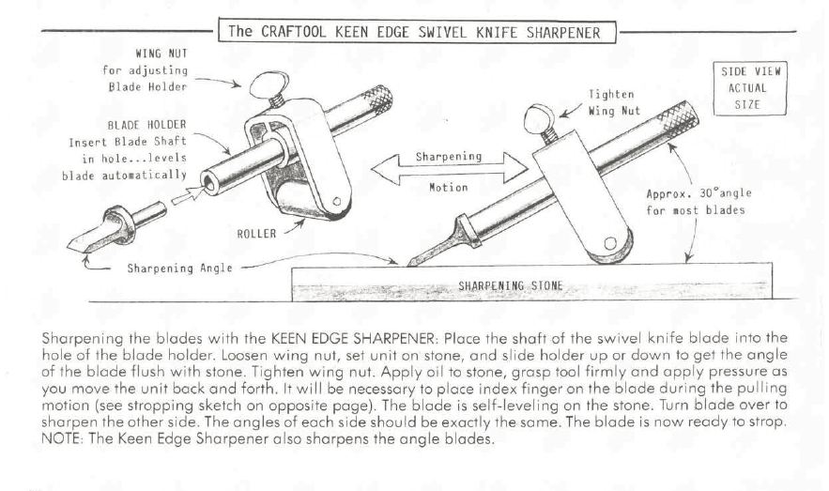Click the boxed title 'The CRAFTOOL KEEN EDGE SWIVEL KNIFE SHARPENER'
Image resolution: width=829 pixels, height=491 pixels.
click(417, 32)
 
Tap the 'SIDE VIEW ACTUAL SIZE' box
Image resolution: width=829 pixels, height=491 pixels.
click(750, 88)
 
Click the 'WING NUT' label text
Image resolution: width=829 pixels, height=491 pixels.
click(161, 54)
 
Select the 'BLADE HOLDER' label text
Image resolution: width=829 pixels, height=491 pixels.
click(147, 125)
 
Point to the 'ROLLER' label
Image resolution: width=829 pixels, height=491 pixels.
click(256, 234)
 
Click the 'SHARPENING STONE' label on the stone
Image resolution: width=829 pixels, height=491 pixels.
click(510, 286)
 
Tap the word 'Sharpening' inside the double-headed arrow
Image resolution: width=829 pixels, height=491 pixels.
click(449, 157)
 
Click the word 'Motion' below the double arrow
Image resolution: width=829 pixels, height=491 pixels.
click(449, 187)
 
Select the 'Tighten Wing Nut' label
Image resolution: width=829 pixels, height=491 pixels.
click(614, 102)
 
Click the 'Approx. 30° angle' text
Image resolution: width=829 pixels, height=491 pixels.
click(699, 193)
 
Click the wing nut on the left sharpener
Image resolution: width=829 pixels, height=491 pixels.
click(269, 85)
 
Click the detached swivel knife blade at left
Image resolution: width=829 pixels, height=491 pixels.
click(116, 226)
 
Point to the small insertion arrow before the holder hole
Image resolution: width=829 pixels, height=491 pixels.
click(187, 195)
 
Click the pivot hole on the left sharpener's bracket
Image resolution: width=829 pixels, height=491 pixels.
click(337, 201)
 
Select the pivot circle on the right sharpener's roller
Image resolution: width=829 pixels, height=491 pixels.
click(610, 243)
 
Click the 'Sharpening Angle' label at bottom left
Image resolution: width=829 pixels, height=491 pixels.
click(179, 268)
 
